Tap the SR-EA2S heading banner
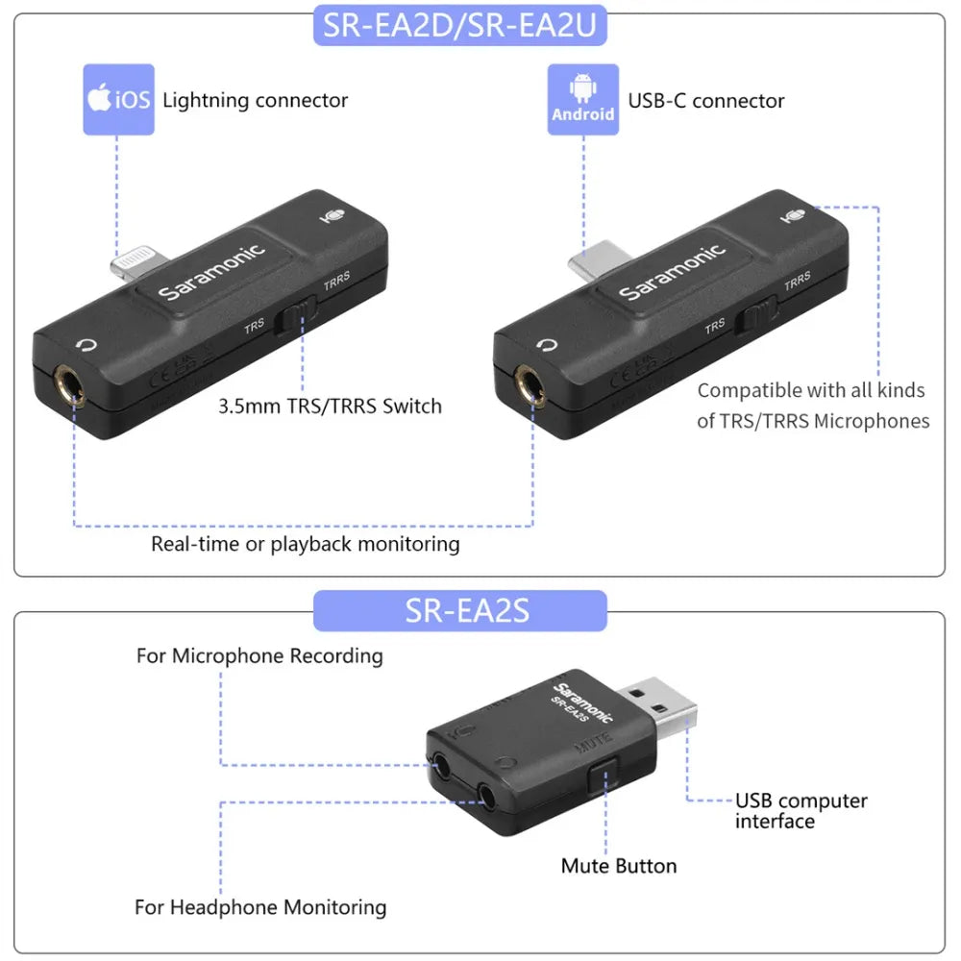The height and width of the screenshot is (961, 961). coord(460,611)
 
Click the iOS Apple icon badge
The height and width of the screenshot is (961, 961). coord(117,99)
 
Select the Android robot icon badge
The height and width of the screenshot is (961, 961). coord(583,99)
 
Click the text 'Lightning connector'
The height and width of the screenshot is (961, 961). coord(255,100)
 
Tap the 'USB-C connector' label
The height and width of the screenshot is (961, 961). coord(706,101)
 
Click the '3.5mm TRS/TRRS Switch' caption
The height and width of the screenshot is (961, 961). coord(330,406)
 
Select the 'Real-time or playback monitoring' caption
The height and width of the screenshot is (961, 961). coord(306,544)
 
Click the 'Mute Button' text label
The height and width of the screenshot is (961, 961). coord(619,866)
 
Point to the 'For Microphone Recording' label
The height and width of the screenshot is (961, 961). coord(259,656)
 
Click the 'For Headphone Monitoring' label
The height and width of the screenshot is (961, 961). coord(260,907)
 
